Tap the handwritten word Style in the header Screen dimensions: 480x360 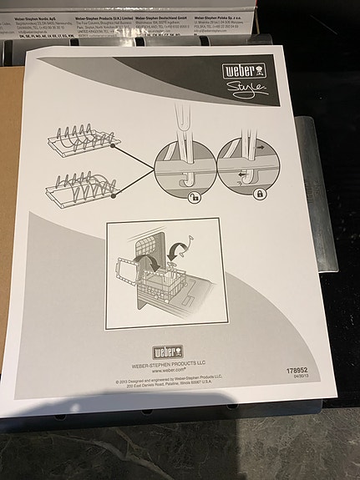pyautogui.click(x=246, y=88)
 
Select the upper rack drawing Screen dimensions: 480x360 pyautogui.click(x=80, y=139)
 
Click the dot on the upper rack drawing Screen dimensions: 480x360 pyautogui.click(x=112, y=147)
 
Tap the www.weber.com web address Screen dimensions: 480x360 pyautogui.click(x=168, y=371)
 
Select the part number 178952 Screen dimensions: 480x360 pyautogui.click(x=297, y=369)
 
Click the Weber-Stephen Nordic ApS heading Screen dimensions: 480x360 pyautogui.click(x=36, y=15)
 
